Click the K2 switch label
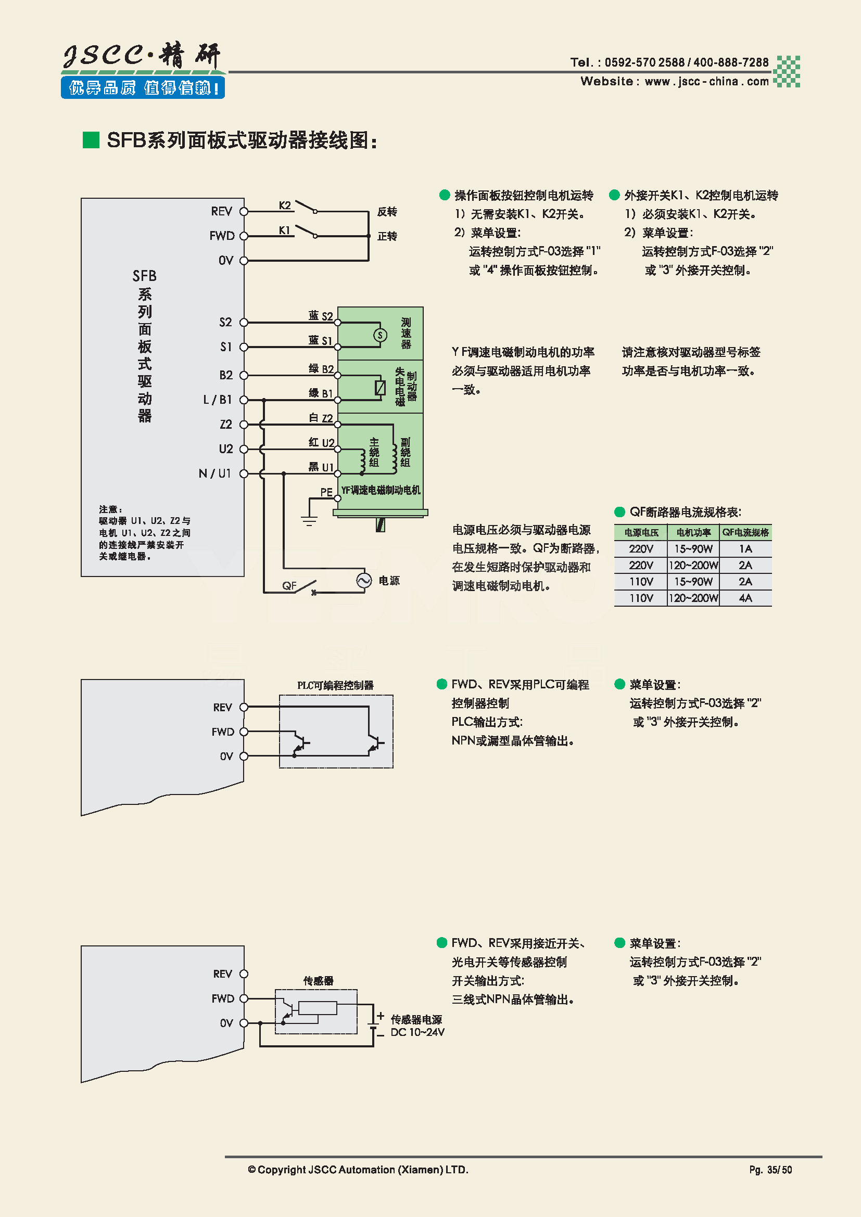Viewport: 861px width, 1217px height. coord(285,206)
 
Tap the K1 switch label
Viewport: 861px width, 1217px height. coord(285,230)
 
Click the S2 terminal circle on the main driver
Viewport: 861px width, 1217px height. coord(244,322)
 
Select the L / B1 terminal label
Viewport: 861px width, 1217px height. coord(218,400)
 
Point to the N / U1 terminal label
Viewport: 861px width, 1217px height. coord(214,473)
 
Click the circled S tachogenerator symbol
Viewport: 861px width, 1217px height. coord(379,335)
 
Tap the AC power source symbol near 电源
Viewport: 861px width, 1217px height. coord(364,581)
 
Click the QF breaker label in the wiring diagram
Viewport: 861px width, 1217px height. coord(289,586)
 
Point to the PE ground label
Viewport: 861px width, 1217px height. coord(326,492)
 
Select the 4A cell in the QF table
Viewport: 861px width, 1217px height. coord(745,598)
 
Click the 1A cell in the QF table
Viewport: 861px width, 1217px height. coord(745,548)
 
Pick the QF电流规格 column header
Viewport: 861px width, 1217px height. coord(745,532)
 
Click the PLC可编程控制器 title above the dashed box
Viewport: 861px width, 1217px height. coord(335,685)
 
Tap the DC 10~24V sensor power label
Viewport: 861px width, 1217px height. coord(417,1032)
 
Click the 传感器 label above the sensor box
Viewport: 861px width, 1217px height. coord(318,981)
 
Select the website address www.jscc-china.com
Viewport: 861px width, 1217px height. coord(706,82)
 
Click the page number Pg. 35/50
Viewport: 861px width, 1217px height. coord(770,1170)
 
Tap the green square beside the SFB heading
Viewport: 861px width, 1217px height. coord(91,140)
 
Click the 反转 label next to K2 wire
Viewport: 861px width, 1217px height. coord(387,211)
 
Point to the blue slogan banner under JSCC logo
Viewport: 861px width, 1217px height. coord(143,87)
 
